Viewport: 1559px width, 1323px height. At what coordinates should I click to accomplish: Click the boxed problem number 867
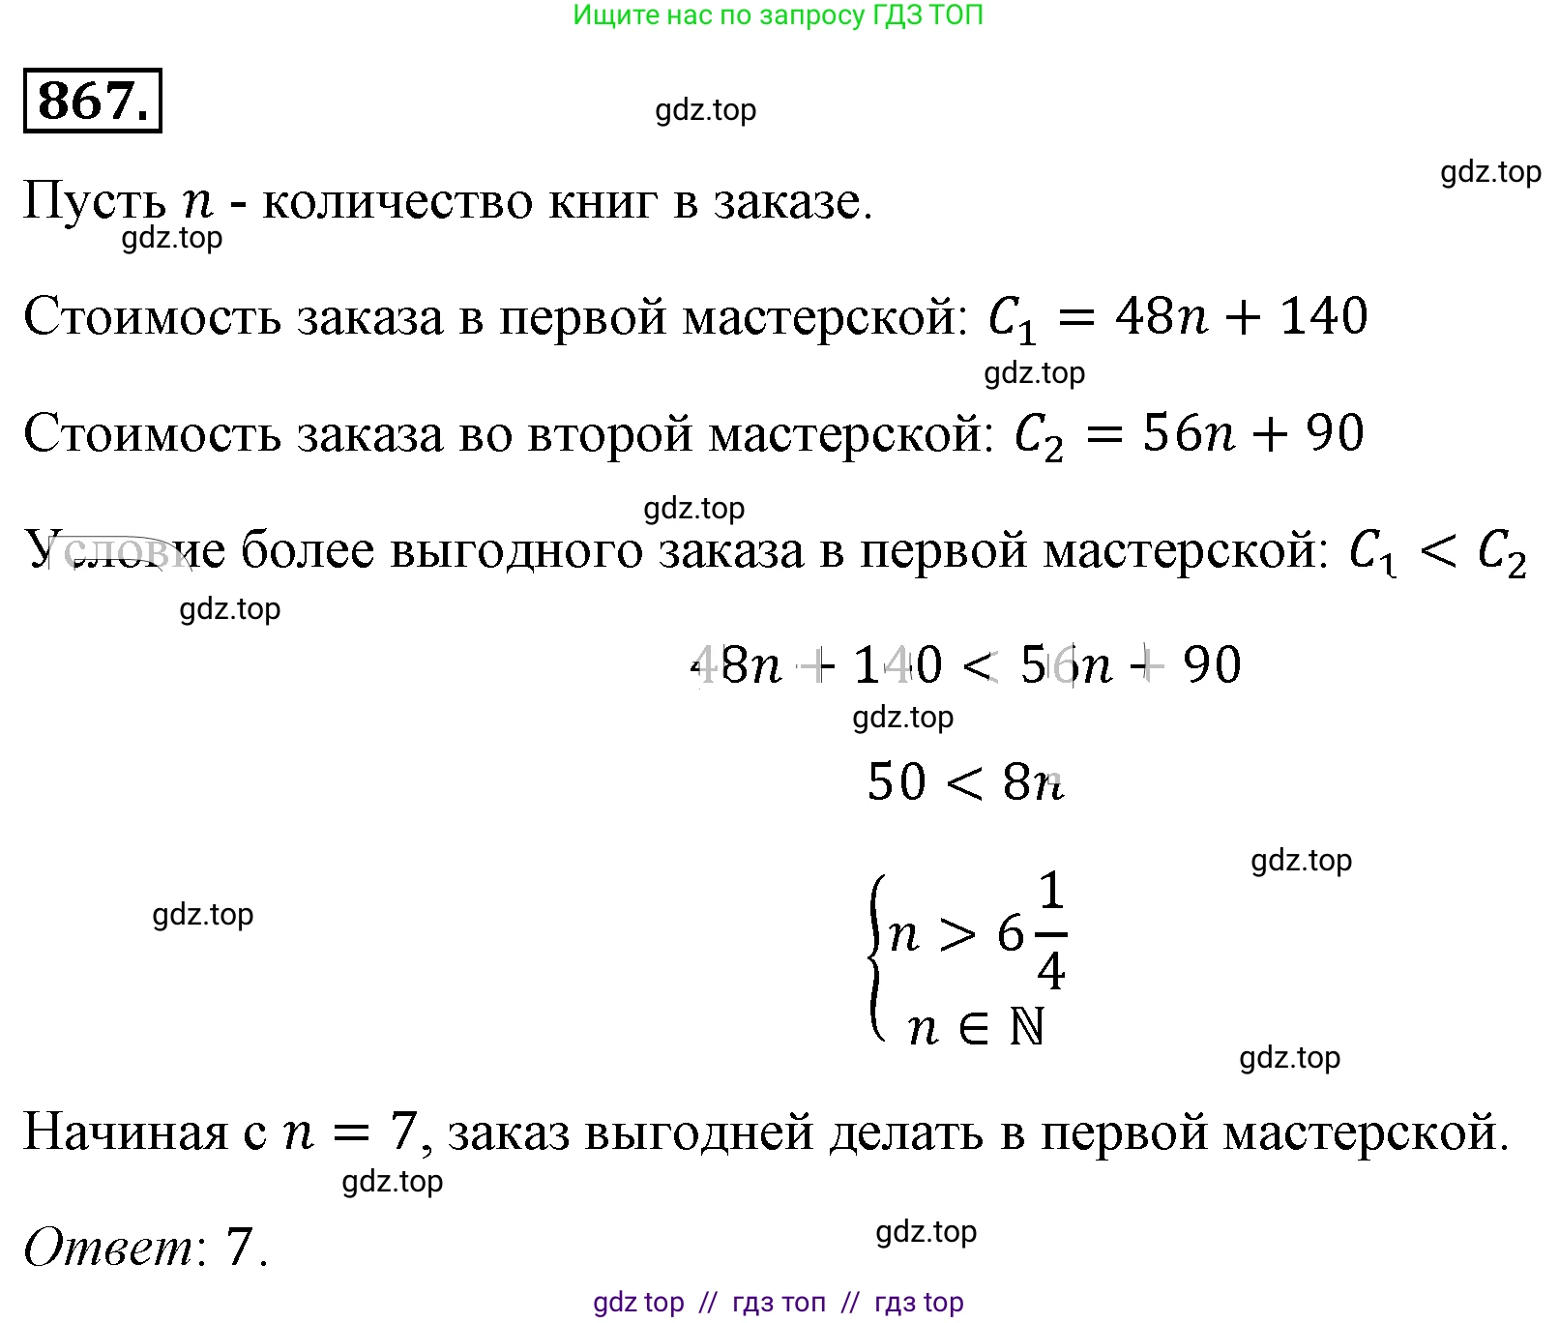tap(92, 101)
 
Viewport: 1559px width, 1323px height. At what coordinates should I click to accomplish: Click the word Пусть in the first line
tap(94, 202)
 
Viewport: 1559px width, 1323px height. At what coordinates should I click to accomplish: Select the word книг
tap(603, 202)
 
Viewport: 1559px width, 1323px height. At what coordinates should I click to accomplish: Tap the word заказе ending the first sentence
tap(792, 202)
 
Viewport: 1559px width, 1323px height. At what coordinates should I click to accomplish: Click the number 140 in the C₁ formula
tap(1323, 316)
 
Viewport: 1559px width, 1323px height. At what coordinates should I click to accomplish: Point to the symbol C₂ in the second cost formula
tap(1039, 436)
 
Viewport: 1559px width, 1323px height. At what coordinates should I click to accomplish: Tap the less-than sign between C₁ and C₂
tap(1437, 552)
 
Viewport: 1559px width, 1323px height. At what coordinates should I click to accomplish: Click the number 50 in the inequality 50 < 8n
tap(897, 782)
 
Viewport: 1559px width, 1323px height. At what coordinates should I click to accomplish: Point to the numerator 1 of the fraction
tap(1051, 891)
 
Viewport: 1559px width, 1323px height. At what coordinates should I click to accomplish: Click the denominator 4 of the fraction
tap(1051, 970)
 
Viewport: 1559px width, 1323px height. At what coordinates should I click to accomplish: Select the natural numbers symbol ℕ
tap(1027, 1027)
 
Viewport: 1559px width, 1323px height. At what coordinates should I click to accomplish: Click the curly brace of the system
tap(877, 957)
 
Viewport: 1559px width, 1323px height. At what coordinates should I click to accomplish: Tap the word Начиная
tap(125, 1132)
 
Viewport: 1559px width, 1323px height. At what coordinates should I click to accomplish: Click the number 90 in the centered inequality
tap(1212, 665)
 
